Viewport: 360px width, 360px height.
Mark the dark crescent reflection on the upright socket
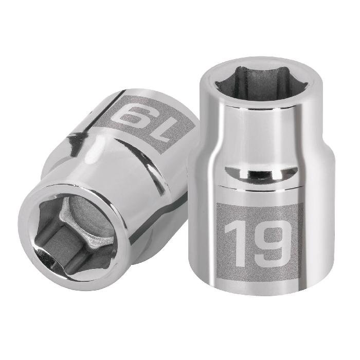[255, 173]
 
